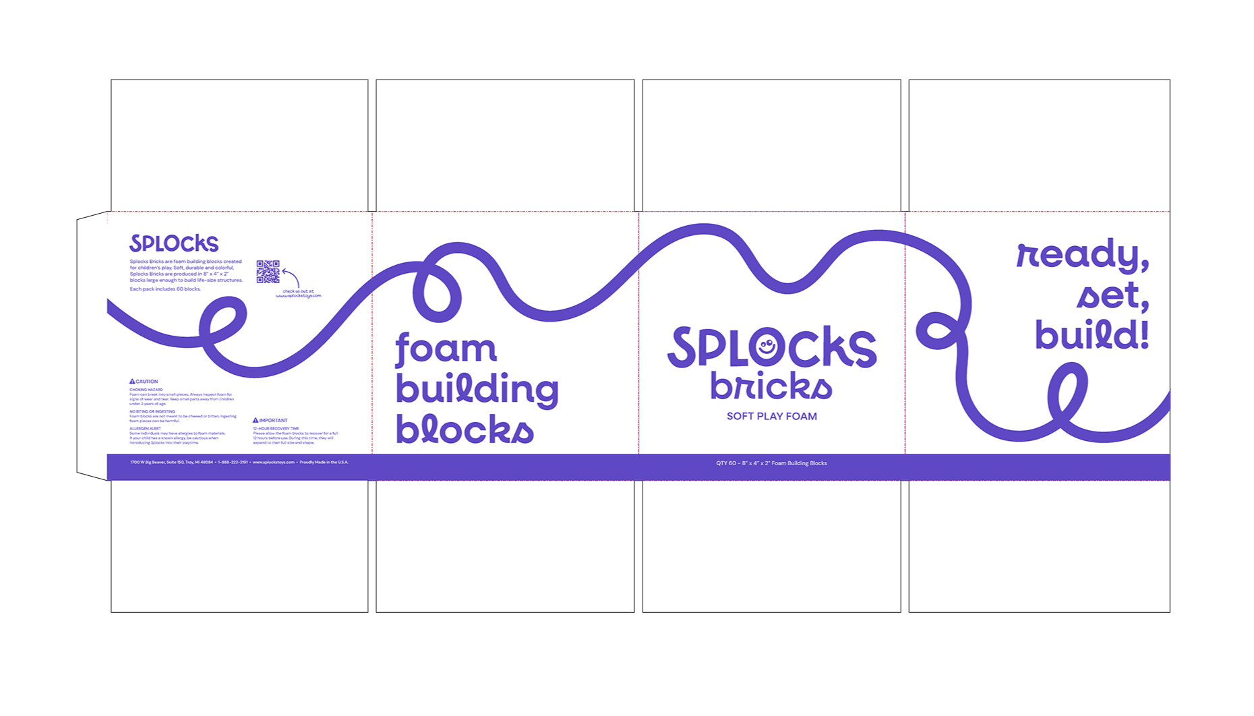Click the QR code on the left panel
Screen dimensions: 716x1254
tap(268, 272)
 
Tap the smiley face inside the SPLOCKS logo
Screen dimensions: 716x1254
tap(767, 348)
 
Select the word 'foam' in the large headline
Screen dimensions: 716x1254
tap(446, 349)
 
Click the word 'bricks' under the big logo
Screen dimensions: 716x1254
tap(771, 386)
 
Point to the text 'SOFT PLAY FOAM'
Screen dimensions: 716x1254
tap(772, 416)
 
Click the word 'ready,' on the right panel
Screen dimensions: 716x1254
tap(1083, 256)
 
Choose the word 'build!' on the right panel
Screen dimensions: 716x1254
tap(1092, 335)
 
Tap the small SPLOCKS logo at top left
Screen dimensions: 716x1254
tap(174, 243)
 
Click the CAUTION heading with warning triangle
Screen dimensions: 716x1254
tap(144, 382)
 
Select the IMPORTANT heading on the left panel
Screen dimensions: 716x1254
tap(270, 420)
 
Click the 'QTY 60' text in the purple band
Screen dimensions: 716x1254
tap(771, 463)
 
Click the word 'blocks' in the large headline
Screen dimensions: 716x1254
tap(465, 429)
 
